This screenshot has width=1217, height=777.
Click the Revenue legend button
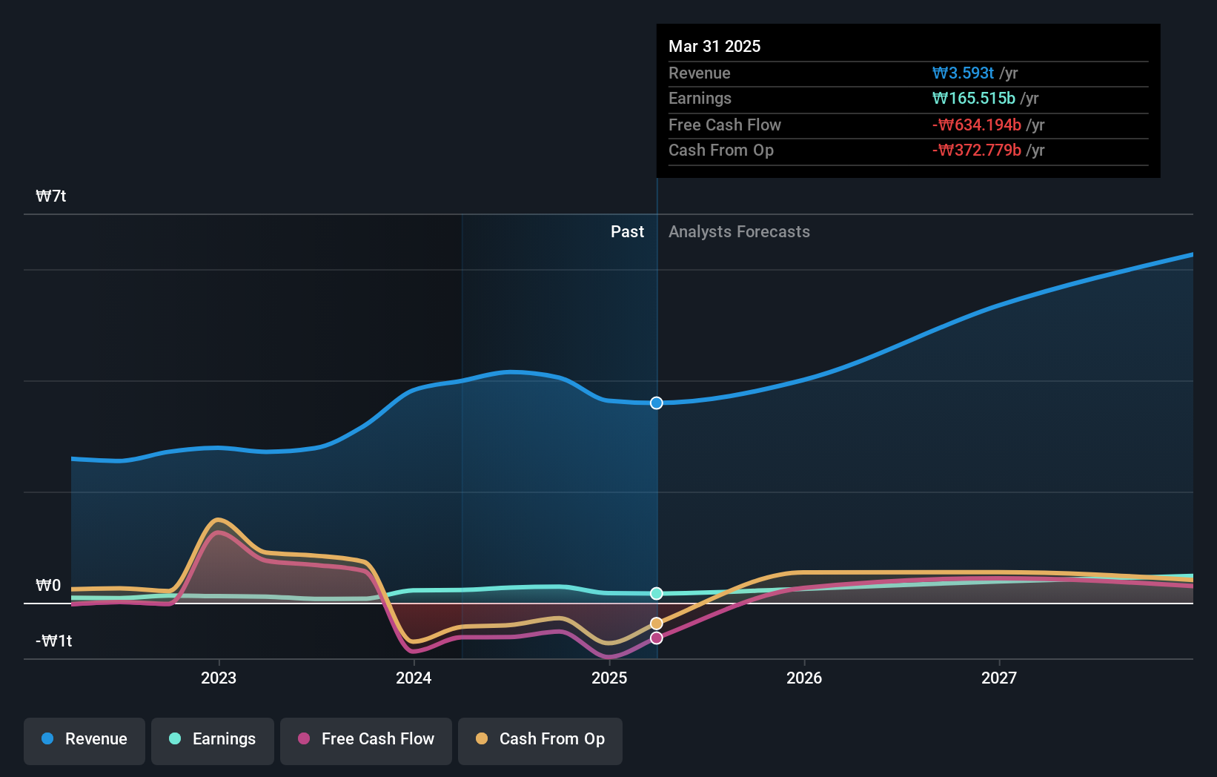point(84,739)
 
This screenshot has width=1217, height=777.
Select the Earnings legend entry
point(213,739)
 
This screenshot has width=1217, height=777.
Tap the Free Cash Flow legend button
point(366,739)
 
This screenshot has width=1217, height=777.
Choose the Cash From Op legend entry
point(540,739)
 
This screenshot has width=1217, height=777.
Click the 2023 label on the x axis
point(219,678)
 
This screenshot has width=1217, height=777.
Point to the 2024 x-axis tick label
point(414,678)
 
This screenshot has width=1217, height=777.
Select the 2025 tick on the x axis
point(609,678)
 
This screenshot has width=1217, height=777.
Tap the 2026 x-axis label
point(804,678)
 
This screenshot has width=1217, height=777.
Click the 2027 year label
point(999,678)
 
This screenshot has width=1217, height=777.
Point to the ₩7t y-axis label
point(51,196)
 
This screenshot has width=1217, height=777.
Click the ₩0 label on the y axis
point(48,586)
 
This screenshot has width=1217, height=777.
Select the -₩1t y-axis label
point(54,641)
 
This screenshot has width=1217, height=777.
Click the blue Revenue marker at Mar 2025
point(657,403)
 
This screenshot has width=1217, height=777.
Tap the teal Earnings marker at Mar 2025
point(657,593)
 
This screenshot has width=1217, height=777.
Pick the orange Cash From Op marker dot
point(657,624)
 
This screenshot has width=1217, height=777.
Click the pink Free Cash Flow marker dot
point(657,638)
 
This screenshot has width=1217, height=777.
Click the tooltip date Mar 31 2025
point(714,46)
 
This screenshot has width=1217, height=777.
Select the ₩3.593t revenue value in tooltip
point(963,73)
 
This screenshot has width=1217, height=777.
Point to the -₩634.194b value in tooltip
point(977,125)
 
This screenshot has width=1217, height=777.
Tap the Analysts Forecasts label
point(739,232)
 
